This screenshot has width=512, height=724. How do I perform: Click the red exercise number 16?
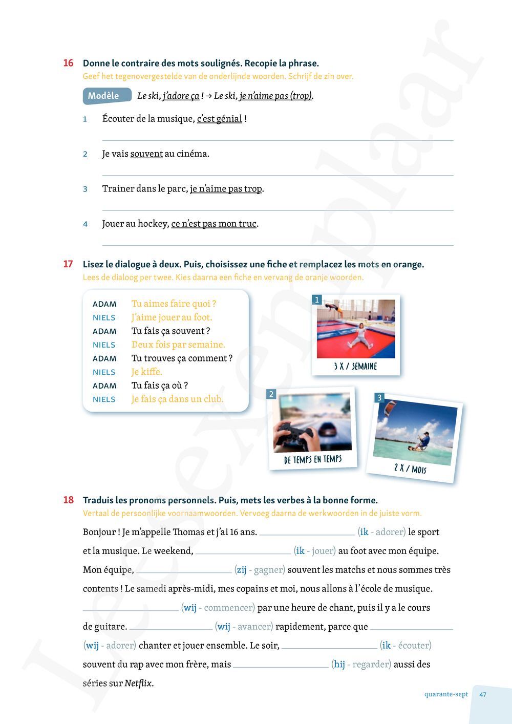(68, 63)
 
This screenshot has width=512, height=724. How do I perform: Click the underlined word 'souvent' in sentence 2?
(146, 154)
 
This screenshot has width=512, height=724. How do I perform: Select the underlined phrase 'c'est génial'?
(219, 119)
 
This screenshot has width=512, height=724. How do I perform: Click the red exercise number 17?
(68, 264)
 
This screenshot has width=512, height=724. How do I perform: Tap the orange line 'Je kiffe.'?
(146, 372)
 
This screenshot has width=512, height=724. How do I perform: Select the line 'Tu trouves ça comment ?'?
(182, 358)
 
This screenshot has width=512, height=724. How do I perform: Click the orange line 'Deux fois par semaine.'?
(178, 345)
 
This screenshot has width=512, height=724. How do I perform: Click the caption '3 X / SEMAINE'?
(355, 367)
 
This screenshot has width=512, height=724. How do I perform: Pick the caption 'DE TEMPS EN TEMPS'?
(313, 459)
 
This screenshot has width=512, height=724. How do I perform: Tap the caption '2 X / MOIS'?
(410, 468)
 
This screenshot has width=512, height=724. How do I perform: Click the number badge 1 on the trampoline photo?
(317, 300)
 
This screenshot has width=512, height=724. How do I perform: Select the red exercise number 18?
(68, 500)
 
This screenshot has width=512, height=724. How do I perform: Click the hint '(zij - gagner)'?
(260, 570)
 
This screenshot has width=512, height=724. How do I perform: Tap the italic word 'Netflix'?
(138, 683)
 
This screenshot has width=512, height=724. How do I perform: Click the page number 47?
(483, 695)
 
